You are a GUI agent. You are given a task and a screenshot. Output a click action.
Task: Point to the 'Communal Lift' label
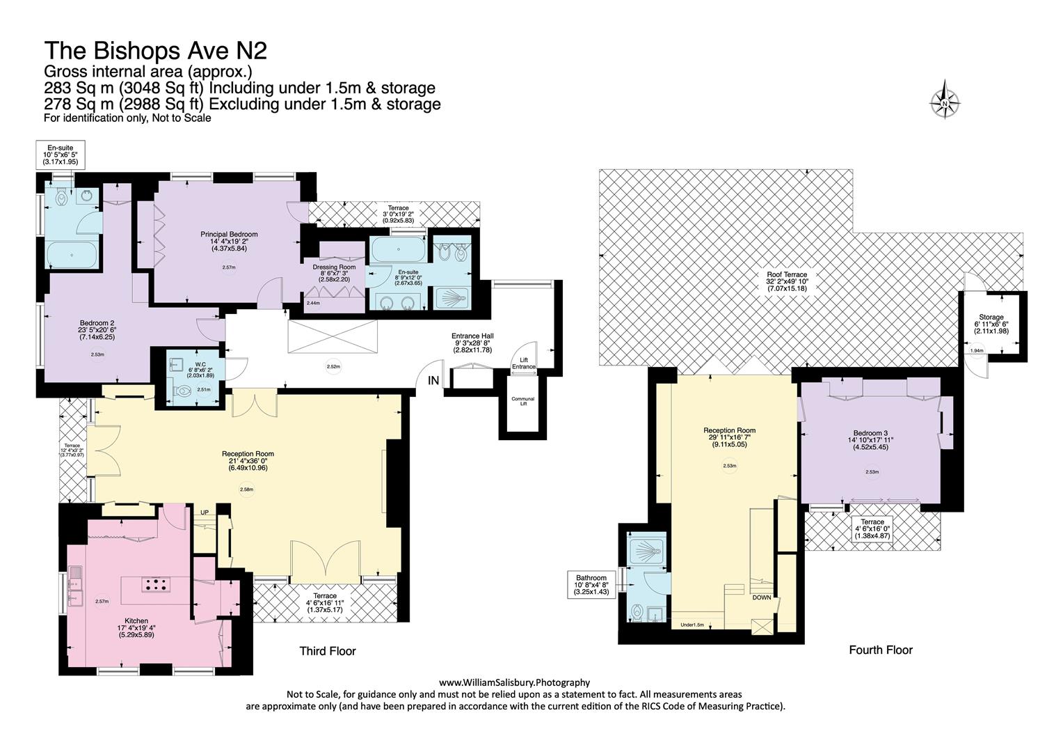(x=522, y=402)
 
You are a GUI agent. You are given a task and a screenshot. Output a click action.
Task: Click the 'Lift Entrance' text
(x=524, y=363)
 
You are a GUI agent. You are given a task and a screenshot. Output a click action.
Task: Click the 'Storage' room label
(x=991, y=317)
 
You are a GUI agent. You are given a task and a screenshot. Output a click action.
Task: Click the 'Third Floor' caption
(x=327, y=652)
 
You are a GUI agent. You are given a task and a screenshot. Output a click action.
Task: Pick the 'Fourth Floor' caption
(x=880, y=650)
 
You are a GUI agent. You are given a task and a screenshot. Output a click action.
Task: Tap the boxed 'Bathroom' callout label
(x=591, y=578)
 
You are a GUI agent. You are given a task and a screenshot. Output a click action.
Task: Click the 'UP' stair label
(x=205, y=512)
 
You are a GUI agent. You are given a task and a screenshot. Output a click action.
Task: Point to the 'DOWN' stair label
(x=761, y=597)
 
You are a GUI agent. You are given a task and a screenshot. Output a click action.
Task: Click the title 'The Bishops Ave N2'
(x=155, y=51)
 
